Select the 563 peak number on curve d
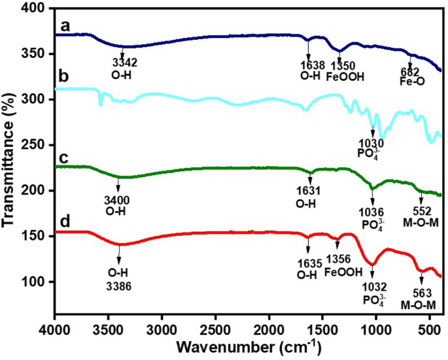(421, 293)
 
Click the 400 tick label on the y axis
(37, 8)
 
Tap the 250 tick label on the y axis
(37, 145)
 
